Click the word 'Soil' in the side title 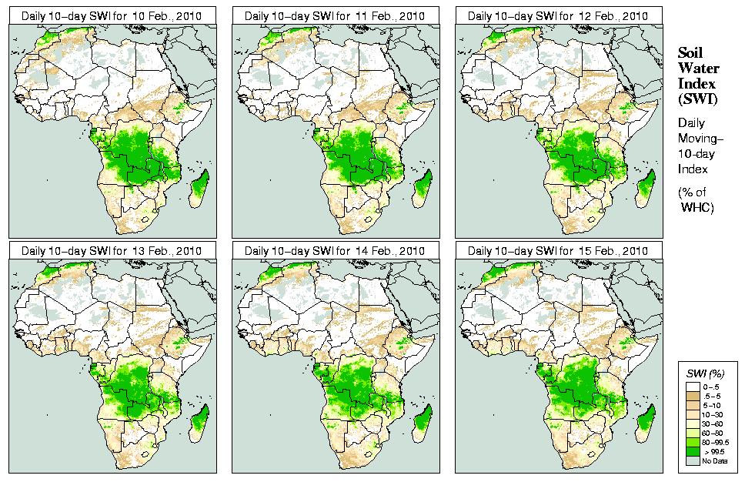(x=691, y=53)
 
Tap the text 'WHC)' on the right (x=698, y=208)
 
